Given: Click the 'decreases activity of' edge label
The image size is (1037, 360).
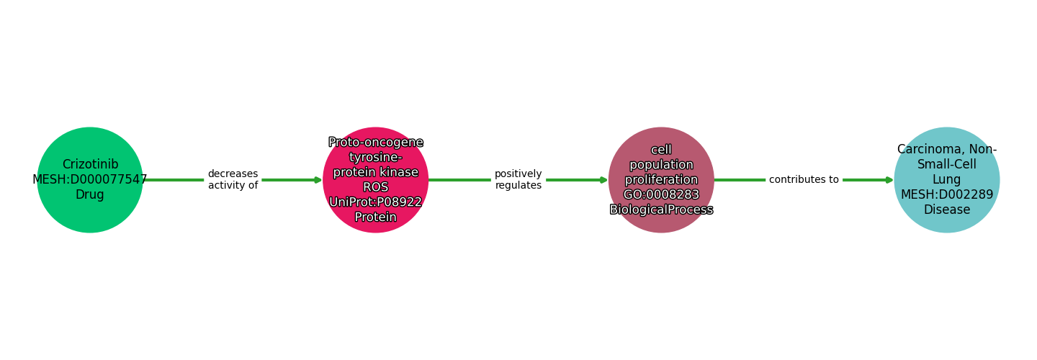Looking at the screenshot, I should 233,180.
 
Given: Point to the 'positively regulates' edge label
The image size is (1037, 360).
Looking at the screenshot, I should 518,180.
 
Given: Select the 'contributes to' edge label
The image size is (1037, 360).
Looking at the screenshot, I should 804,180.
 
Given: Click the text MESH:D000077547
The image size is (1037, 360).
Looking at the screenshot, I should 90,180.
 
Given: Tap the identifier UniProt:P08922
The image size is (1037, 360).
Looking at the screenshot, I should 376,202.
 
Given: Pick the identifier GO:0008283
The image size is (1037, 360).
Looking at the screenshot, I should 661,194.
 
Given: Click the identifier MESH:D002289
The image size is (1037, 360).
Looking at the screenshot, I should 947,194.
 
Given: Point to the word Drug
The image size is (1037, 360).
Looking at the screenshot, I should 90,195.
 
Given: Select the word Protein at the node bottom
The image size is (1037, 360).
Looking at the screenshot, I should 376,217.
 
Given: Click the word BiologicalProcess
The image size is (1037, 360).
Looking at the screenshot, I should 661,210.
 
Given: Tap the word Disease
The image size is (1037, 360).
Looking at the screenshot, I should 947,210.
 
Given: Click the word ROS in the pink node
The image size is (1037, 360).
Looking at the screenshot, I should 376,187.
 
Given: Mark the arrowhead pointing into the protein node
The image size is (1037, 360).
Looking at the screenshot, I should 318,180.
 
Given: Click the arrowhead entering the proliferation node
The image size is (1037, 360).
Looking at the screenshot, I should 603,180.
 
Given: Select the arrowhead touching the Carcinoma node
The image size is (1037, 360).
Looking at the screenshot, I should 889,180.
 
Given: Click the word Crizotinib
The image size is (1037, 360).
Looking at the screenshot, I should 90,165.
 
